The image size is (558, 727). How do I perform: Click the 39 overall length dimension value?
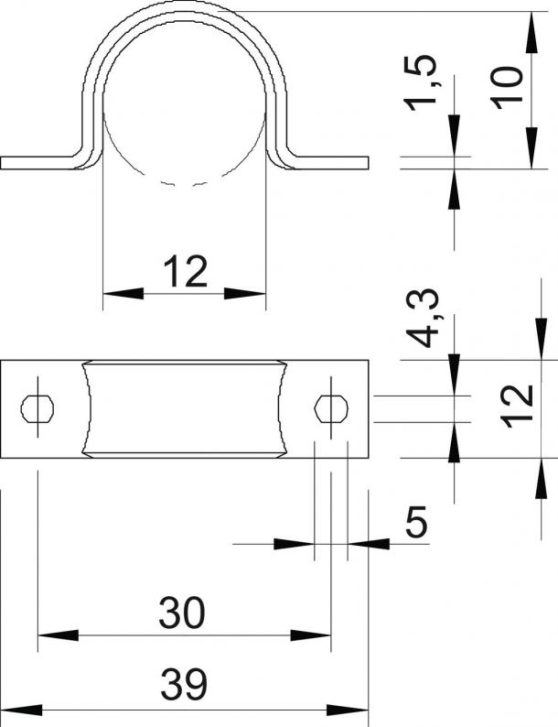click(184, 684)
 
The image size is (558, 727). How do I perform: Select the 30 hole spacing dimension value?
click(181, 613)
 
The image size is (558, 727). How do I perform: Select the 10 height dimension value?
click(507, 88)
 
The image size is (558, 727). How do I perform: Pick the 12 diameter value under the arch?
click(185, 271)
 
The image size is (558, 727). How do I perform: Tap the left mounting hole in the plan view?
click(38, 409)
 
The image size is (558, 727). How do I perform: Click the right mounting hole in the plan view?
click(331, 409)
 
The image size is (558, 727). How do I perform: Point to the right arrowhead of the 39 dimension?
click(348, 710)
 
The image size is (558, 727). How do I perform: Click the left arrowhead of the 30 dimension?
click(58, 635)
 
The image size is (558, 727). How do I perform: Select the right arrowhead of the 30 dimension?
click(311, 635)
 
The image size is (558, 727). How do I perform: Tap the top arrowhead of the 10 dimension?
click(532, 31)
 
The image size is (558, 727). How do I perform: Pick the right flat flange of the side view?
click(328, 163)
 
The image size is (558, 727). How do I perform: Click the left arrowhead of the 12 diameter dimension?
click(123, 294)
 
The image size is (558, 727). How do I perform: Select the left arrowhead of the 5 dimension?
click(294, 544)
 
